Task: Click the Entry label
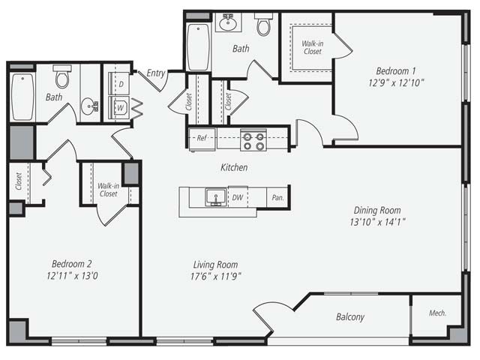point(156,73)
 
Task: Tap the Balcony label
point(349,317)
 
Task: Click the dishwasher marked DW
point(238,198)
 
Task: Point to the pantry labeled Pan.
point(277,198)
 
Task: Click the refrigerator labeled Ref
point(202,138)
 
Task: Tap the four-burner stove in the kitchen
point(253,139)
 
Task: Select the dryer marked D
point(121,85)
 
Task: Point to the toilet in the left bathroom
point(62,76)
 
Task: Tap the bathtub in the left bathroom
point(22,97)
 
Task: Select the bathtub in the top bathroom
point(198,46)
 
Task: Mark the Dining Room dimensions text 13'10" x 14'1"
point(378,222)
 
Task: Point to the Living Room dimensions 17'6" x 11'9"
point(216,276)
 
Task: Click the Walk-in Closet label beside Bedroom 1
point(312,48)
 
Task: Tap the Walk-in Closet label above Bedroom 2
point(108,190)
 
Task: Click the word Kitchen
point(233,167)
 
